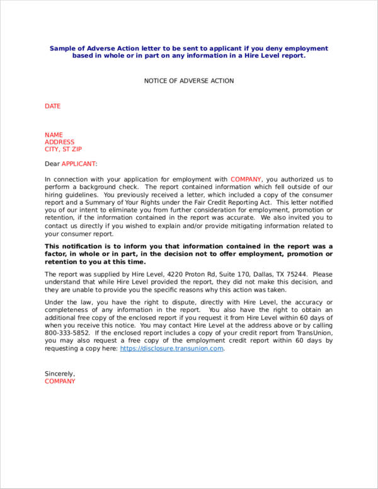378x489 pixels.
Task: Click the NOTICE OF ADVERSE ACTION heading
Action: (x=189, y=81)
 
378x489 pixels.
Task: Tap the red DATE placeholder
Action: (x=52, y=106)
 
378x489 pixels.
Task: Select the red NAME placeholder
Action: (x=54, y=135)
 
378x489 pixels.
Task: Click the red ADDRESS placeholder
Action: (x=60, y=142)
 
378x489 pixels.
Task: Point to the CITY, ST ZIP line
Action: (x=63, y=150)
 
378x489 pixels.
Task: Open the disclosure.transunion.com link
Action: (x=172, y=348)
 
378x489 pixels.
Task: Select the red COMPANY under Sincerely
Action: (x=60, y=381)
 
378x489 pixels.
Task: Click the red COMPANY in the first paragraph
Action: (x=246, y=180)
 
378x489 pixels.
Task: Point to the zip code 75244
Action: (x=296, y=274)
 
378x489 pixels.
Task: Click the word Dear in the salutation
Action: (x=52, y=164)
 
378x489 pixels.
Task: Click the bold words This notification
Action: (x=72, y=246)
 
